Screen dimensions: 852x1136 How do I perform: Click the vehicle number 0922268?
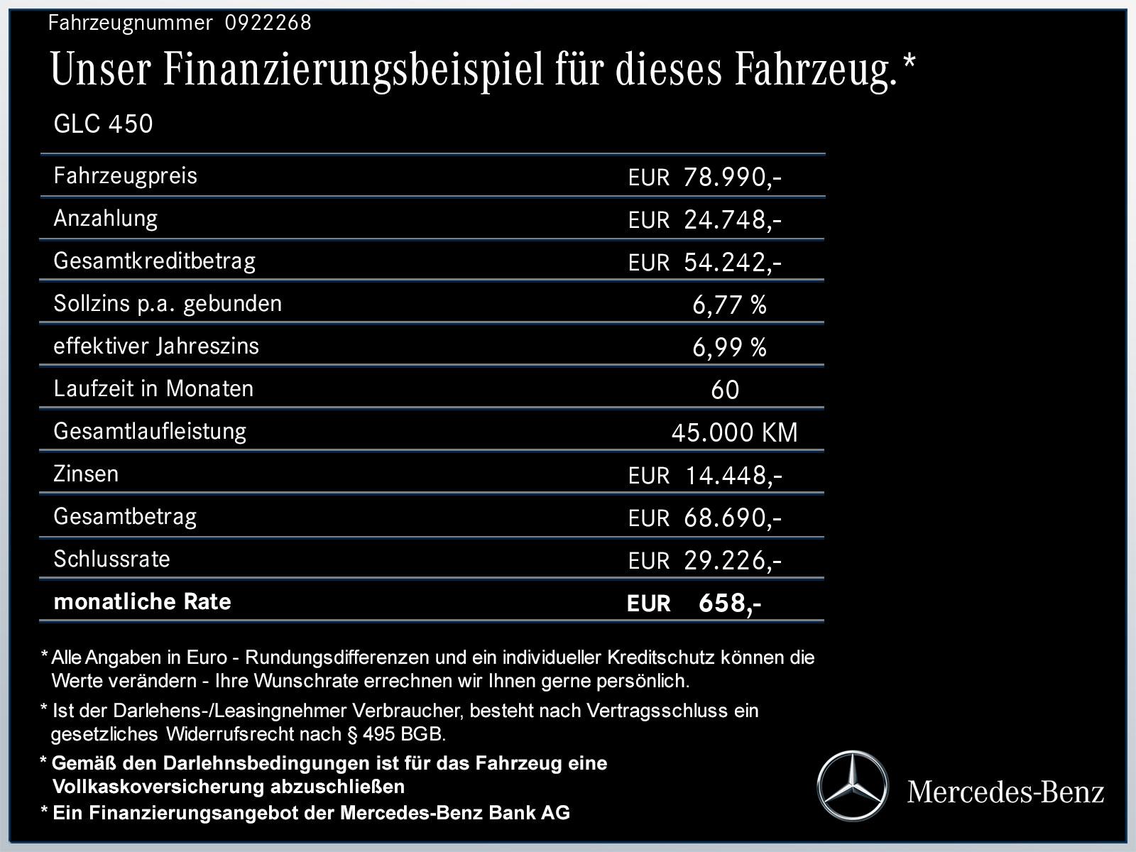(268, 23)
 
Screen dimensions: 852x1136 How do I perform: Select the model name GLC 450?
(103, 124)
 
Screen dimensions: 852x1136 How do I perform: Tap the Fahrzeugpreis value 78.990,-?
(732, 177)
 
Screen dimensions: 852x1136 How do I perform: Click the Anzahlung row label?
(105, 218)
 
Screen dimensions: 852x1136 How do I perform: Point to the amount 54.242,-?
(732, 262)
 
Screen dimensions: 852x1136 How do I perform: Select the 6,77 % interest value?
(729, 305)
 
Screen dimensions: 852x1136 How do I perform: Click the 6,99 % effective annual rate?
(729, 347)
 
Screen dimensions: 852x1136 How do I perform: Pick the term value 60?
(725, 390)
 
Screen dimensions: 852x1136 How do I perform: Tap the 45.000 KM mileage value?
(734, 432)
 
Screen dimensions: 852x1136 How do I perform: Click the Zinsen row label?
(86, 474)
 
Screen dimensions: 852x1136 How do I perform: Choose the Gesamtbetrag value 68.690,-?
(732, 518)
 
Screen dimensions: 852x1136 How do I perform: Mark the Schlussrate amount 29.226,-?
(732, 561)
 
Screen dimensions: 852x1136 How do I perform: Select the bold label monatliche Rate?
(142, 601)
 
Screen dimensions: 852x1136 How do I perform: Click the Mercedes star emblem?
(852, 787)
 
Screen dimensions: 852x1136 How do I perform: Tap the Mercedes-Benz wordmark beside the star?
(1005, 792)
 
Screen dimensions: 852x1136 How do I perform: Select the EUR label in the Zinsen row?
(648, 476)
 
